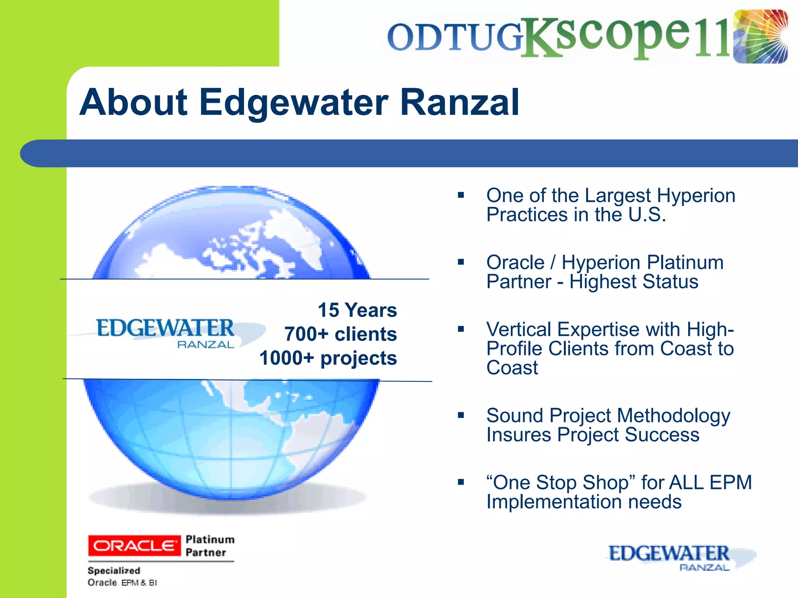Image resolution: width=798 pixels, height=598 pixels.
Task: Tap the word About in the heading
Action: [x=134, y=102]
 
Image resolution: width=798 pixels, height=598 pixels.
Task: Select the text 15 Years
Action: [x=357, y=310]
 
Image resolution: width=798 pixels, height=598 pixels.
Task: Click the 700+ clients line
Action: [x=341, y=334]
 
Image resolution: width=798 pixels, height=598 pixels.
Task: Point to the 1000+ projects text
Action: [x=328, y=358]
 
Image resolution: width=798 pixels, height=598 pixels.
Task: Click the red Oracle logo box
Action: [x=134, y=545]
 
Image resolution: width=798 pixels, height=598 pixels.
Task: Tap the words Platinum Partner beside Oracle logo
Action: [x=210, y=546]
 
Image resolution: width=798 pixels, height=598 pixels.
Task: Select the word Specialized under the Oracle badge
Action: [x=114, y=570]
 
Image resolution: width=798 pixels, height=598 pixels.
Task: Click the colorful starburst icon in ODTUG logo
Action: [x=760, y=37]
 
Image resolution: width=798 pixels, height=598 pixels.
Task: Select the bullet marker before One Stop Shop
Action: [x=461, y=482]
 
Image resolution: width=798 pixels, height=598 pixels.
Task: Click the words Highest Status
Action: [x=634, y=281]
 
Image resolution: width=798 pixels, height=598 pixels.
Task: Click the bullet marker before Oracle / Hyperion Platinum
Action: [x=461, y=262]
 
